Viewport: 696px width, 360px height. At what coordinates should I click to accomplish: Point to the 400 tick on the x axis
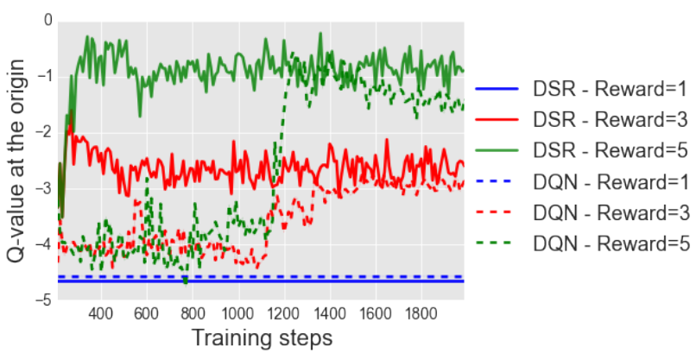tap(101, 313)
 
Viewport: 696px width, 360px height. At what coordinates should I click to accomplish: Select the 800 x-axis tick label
tap(193, 313)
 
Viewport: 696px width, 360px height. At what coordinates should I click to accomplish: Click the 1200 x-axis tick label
tap(283, 313)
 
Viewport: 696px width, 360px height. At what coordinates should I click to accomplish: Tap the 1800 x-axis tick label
tap(421, 313)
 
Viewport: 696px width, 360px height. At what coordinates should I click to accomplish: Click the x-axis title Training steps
tap(261, 338)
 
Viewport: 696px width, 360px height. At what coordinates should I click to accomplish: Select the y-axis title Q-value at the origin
tap(15, 161)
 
